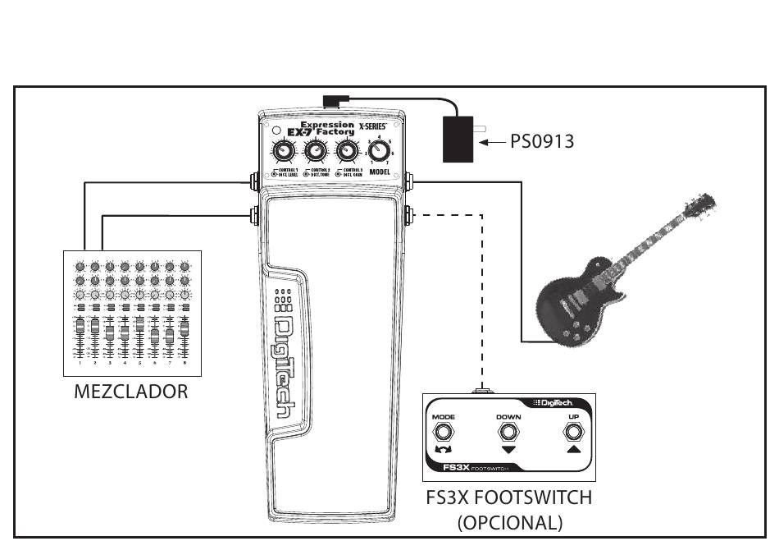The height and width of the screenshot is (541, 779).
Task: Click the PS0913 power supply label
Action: pyautogui.click(x=541, y=142)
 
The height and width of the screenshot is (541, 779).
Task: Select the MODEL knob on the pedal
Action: pyautogui.click(x=379, y=151)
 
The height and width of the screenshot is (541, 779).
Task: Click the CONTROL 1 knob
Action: pyautogui.click(x=283, y=151)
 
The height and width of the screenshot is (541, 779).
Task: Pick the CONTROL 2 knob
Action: pyautogui.click(x=315, y=151)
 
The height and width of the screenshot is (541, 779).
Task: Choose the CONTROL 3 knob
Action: pyautogui.click(x=347, y=151)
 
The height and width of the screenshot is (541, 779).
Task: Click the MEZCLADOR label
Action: pyautogui.click(x=131, y=391)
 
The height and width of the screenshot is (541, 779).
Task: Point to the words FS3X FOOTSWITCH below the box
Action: pyautogui.click(x=508, y=497)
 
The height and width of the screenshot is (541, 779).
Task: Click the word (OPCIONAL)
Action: pyautogui.click(x=509, y=521)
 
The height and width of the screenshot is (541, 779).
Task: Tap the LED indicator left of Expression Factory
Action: pyautogui.click(x=276, y=131)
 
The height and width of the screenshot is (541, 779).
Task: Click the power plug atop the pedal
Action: pyautogui.click(x=334, y=102)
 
